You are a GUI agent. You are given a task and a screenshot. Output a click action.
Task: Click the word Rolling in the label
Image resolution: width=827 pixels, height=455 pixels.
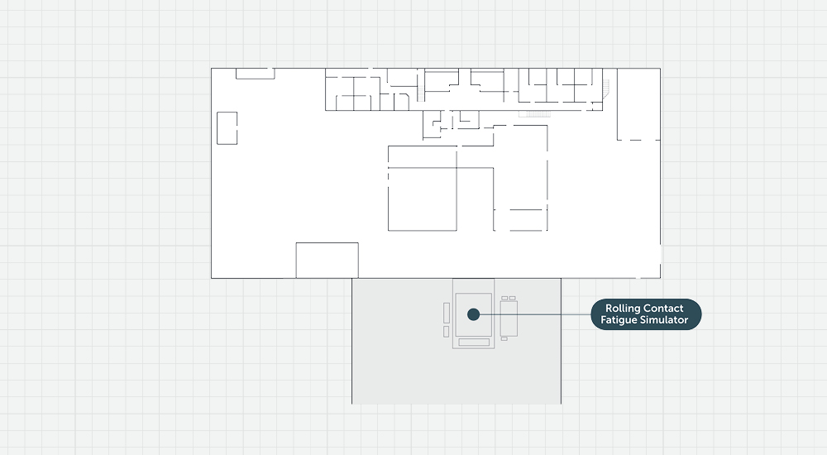coord(623,309)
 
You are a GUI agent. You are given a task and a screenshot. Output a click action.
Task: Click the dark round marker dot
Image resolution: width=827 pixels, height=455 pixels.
coord(474,314)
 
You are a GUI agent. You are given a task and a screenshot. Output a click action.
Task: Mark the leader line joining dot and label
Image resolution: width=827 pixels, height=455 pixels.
coord(535,314)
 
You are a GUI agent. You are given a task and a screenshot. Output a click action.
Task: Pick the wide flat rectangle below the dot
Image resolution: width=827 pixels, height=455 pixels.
coord(474,342)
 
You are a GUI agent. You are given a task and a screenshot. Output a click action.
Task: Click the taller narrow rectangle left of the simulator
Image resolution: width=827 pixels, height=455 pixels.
coord(447,313)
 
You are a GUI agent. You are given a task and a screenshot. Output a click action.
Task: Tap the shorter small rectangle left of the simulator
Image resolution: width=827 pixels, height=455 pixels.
coord(447,332)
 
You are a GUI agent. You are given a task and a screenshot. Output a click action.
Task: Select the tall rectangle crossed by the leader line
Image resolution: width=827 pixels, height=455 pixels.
coord(509,318)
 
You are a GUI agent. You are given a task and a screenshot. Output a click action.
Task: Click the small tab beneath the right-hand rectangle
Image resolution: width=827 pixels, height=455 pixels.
coord(504,339)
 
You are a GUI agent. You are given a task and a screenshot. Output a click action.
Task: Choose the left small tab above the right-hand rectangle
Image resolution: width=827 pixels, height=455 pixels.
coord(504,298)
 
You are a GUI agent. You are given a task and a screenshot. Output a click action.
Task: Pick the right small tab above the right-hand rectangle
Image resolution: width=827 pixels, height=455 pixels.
coord(512,298)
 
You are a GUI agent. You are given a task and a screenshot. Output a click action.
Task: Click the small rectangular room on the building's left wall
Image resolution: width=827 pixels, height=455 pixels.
coord(227,127)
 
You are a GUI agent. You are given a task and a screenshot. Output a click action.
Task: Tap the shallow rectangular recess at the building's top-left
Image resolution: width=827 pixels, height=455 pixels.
coord(256,74)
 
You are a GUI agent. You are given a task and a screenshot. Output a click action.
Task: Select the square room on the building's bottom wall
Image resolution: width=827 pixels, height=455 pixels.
coord(327,261)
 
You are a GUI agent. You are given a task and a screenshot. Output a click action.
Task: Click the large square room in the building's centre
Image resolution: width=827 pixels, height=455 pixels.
coord(423,199)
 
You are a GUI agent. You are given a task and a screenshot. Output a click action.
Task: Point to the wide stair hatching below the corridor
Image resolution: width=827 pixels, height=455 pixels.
coord(534,114)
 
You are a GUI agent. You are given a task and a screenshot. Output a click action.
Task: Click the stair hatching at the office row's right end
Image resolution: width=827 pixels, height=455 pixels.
coord(606,89)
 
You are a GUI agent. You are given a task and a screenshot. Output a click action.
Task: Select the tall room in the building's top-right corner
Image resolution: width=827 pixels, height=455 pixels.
coord(638,104)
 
